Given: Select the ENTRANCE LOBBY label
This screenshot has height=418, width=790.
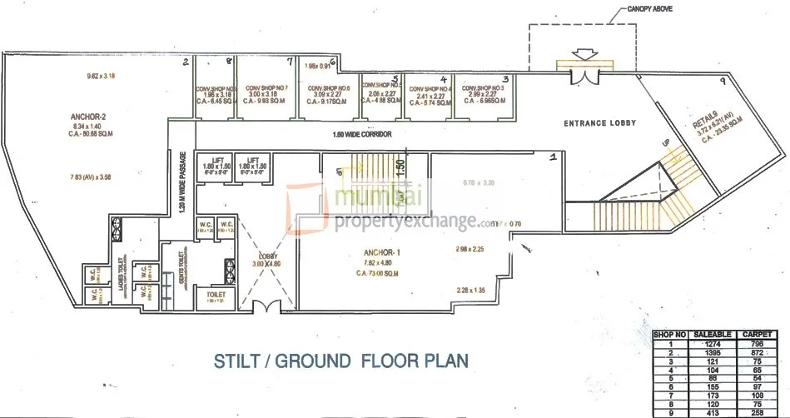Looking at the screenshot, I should tap(599, 123).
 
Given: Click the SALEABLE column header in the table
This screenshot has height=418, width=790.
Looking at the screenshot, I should tap(713, 334).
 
